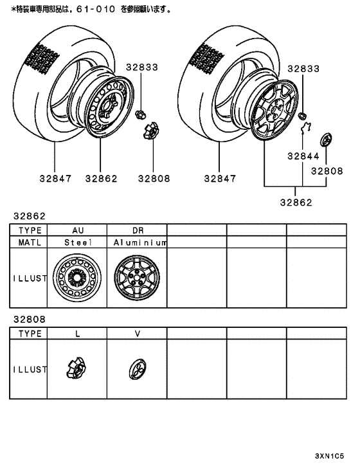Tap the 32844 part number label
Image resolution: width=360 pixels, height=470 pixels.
[303, 156]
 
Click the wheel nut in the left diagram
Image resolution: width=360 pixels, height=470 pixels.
[139, 114]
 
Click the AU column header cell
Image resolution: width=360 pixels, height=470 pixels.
[78, 230]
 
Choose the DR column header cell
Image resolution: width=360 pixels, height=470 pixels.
[138, 230]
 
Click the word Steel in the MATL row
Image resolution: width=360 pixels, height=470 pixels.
[78, 242]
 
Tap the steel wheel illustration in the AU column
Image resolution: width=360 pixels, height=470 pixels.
[78, 278]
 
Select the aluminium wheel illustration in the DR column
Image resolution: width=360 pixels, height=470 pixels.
[137, 278]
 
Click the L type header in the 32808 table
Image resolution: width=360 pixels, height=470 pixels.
[78, 334]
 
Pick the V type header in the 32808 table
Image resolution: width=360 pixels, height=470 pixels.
[138, 334]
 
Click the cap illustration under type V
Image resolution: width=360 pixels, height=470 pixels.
[137, 369]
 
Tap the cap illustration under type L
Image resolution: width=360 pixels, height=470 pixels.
[76, 369]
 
